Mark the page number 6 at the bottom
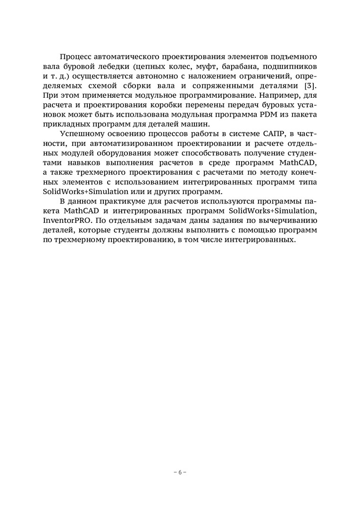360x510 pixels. click(x=180, y=472)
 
